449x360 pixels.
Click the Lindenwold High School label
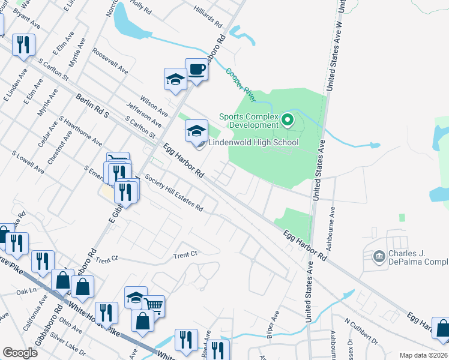[x=253, y=143]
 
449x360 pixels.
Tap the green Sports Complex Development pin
[x=288, y=121]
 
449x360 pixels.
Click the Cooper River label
[x=240, y=84]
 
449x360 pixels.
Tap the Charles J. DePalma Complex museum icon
[x=379, y=257]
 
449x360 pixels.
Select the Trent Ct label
[x=185, y=255]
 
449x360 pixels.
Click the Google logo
[x=20, y=353]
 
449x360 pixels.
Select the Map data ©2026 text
[x=424, y=355]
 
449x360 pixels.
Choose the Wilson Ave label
[x=155, y=103]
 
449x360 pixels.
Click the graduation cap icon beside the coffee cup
[x=175, y=80]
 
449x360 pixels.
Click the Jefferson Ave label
[x=144, y=114]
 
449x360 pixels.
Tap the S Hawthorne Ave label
[x=80, y=131]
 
